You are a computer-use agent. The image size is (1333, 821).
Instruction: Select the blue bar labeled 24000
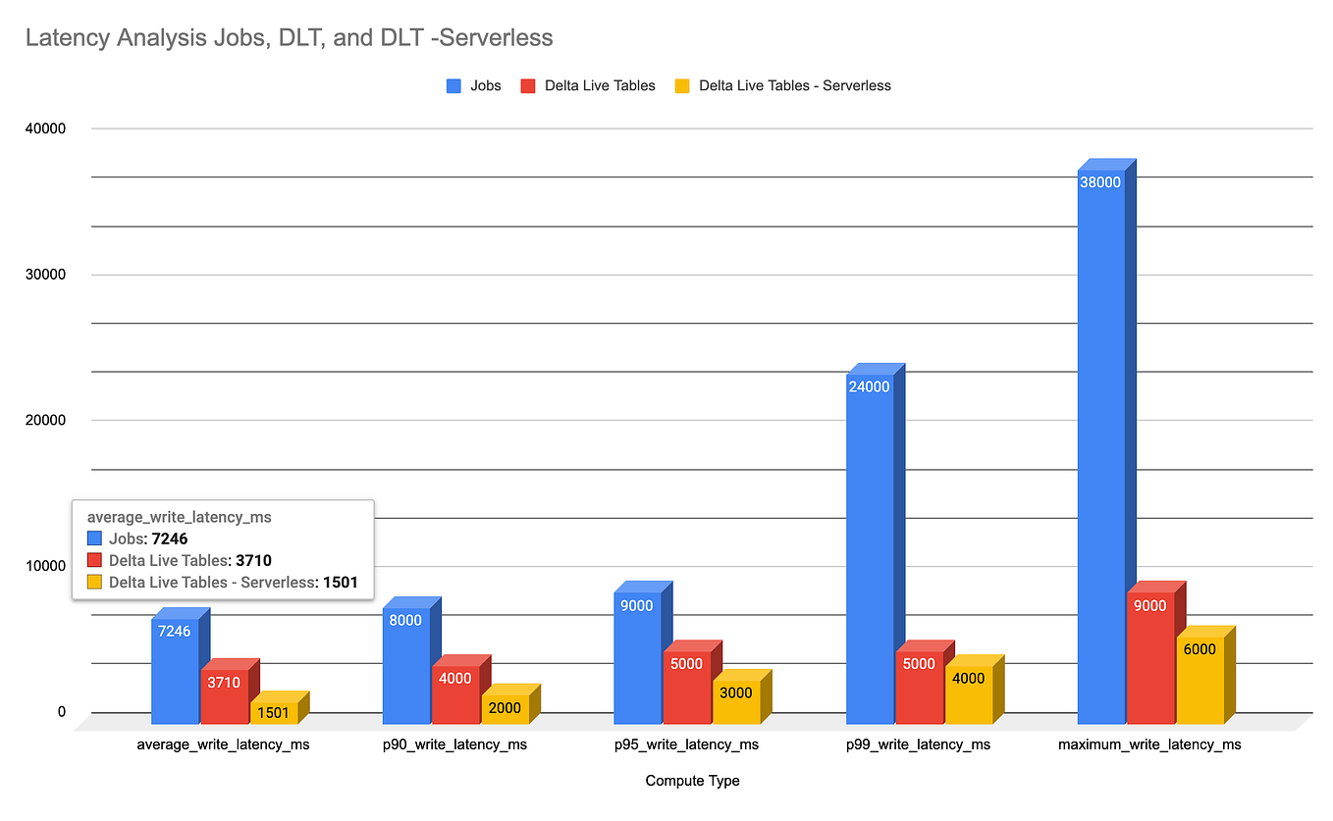pyautogui.click(x=869, y=549)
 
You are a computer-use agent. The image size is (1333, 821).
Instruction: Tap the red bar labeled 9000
pyautogui.click(x=1149, y=657)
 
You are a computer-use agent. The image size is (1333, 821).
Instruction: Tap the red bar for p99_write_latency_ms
pyautogui.click(x=919, y=687)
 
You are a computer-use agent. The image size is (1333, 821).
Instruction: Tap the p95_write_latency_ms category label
pyautogui.click(x=686, y=744)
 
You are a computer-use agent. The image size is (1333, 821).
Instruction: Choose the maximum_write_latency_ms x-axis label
pyautogui.click(x=1149, y=744)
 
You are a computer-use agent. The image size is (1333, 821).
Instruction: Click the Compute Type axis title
pyautogui.click(x=692, y=781)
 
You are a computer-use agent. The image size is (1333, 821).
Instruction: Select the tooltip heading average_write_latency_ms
pyautogui.click(x=180, y=516)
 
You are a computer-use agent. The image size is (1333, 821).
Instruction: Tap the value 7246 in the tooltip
pyautogui.click(x=168, y=539)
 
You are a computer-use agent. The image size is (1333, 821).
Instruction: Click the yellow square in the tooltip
pyautogui.click(x=94, y=583)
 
